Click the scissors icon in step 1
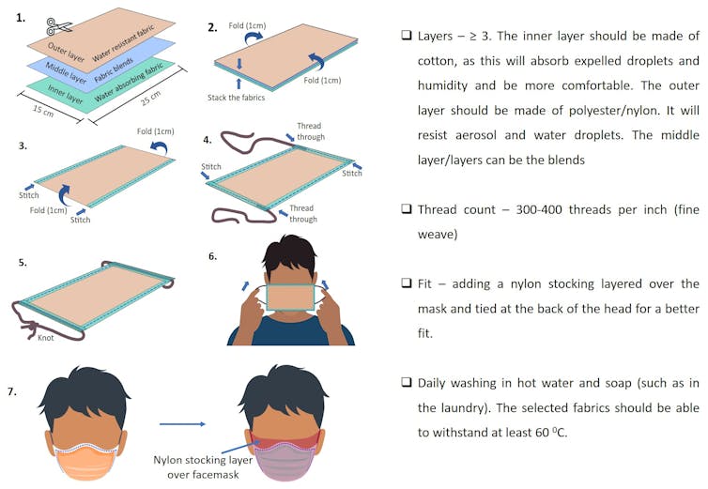pyautogui.click(x=59, y=26)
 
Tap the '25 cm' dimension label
pyautogui.click(x=151, y=98)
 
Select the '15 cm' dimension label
pyautogui.click(x=43, y=111)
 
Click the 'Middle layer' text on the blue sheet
pyautogui.click(x=66, y=72)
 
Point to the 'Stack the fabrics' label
pyautogui.click(x=236, y=98)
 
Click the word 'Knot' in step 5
pyautogui.click(x=46, y=337)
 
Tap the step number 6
pyautogui.click(x=212, y=256)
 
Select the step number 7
pyautogui.click(x=12, y=391)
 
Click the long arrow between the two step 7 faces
pyautogui.click(x=182, y=424)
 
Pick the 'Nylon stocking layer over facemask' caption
pyautogui.click(x=203, y=466)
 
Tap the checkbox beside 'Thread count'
pyautogui.click(x=407, y=209)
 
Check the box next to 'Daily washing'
pyautogui.click(x=407, y=382)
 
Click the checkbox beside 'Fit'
pyautogui.click(x=407, y=283)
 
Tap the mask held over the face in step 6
pyautogui.click(x=290, y=298)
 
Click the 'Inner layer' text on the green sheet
pyautogui.click(x=66, y=95)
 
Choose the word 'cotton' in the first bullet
pyautogui.click(x=433, y=61)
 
